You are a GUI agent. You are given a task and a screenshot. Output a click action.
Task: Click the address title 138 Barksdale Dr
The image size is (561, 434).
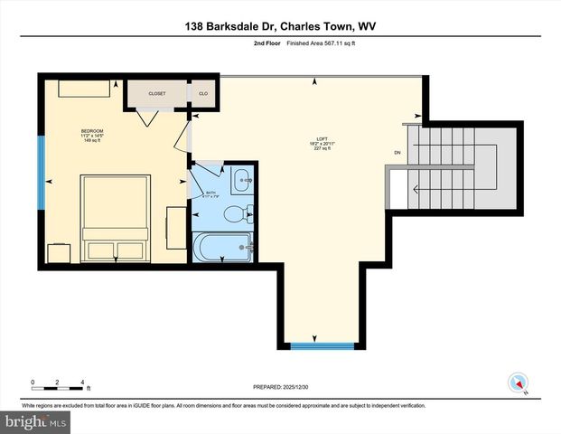[x=280, y=26]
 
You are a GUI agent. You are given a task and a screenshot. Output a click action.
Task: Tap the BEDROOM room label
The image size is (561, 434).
[x=92, y=132]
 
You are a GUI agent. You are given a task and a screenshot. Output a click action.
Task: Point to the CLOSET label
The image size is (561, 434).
[x=156, y=93]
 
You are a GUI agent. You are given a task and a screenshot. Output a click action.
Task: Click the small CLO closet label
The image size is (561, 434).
[x=202, y=93]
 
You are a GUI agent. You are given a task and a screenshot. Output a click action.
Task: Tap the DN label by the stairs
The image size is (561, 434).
[x=397, y=153]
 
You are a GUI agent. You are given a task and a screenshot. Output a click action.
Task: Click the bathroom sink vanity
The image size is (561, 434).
[x=241, y=180]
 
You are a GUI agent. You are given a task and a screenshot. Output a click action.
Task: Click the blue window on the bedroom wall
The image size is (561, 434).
[x=41, y=171]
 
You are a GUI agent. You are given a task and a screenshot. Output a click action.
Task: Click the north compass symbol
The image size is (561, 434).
[x=518, y=382]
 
